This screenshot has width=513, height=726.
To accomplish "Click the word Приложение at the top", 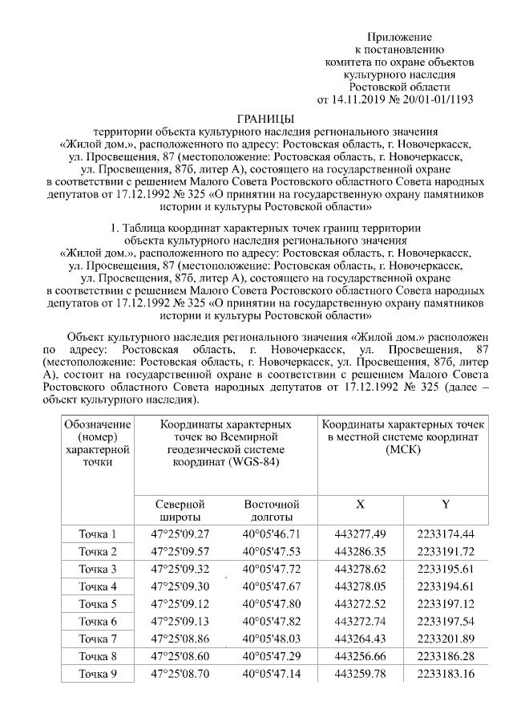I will pos(399,38).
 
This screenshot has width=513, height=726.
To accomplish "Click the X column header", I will pos(360,504).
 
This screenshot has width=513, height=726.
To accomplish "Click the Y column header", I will pos(445,504).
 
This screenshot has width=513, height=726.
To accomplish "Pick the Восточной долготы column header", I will pos(271,511).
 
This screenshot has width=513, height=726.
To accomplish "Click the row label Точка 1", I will pos(97,534).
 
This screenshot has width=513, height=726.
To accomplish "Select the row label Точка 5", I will pos(97,604).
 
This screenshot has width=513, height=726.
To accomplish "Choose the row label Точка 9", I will pos(97,674).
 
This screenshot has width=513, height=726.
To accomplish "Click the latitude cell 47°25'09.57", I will pos(180,552).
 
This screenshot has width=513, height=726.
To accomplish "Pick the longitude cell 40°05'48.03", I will pos(271,639).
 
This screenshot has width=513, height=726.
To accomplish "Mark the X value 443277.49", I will pos(360,534).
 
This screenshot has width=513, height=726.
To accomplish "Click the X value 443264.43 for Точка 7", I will pos(360,639).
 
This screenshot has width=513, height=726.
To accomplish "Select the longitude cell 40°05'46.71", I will pos(271,534).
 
